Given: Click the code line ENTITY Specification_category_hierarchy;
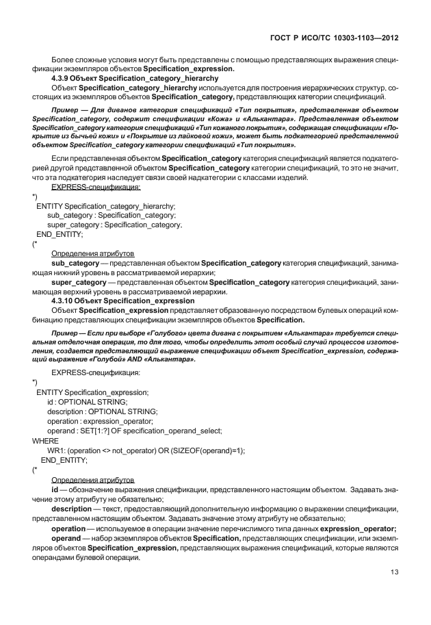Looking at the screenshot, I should (x=105, y=205).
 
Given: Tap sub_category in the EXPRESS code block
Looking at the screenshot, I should (x=62, y=215).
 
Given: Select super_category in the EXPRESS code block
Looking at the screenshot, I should (x=67, y=225).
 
